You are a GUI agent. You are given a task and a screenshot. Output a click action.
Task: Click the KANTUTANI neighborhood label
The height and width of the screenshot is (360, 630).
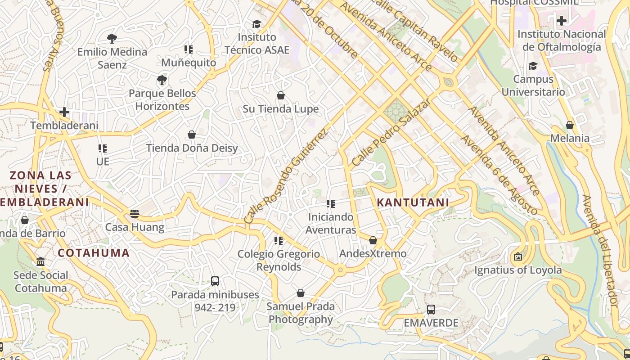pyautogui.click(x=413, y=202)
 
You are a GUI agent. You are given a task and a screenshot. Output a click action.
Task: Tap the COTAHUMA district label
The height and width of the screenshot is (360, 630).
pyautogui.click(x=94, y=253)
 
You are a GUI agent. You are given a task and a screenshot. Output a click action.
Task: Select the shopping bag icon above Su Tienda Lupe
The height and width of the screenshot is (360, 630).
pyautogui.click(x=281, y=95)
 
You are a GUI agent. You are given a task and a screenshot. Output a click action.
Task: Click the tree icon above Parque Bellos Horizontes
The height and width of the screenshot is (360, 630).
pyautogui.click(x=162, y=80)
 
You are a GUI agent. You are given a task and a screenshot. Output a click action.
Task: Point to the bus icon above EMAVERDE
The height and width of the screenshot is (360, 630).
pyautogui.click(x=431, y=310)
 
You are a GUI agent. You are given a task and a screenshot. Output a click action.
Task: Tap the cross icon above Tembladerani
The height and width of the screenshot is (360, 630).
pyautogui.click(x=64, y=112)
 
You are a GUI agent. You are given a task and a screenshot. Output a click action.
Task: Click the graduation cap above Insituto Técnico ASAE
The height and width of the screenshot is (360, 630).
pyautogui.click(x=256, y=24)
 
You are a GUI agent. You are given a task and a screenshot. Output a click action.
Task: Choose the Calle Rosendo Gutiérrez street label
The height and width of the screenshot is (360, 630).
pyautogui.click(x=286, y=175)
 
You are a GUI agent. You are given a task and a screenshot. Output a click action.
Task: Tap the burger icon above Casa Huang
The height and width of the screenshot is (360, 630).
pyautogui.click(x=135, y=213)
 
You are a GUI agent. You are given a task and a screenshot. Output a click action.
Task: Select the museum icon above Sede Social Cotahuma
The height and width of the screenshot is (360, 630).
pyautogui.click(x=40, y=261)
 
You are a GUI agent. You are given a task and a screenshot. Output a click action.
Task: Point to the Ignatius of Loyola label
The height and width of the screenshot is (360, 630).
pyautogui.click(x=518, y=270)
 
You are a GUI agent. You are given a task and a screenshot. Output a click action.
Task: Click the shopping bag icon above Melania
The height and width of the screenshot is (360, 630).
pyautogui.click(x=570, y=125)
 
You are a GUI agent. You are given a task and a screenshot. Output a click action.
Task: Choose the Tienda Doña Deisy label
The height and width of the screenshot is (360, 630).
pyautogui.click(x=192, y=148)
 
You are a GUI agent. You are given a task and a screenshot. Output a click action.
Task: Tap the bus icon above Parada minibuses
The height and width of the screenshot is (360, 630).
pyautogui.click(x=215, y=281)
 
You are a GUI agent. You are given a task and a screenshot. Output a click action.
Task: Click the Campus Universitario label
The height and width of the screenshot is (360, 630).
pyautogui.click(x=533, y=85)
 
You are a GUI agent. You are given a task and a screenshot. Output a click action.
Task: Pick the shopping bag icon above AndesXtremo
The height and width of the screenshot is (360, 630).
pyautogui.click(x=373, y=240)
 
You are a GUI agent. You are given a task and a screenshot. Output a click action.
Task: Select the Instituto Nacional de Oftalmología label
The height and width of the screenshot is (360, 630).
pyautogui.click(x=562, y=40)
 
